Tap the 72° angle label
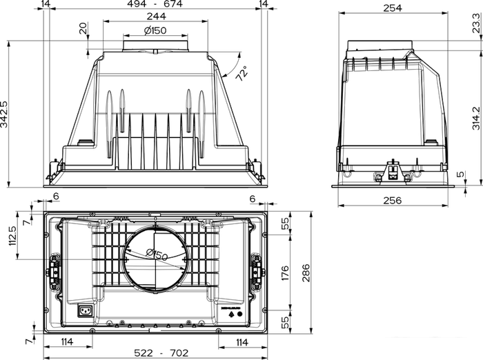click(241, 74)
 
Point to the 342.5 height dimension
click(5, 114)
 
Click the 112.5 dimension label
click(12, 239)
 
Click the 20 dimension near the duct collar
click(83, 28)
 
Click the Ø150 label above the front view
click(155, 30)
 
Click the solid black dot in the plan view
click(241, 314)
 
